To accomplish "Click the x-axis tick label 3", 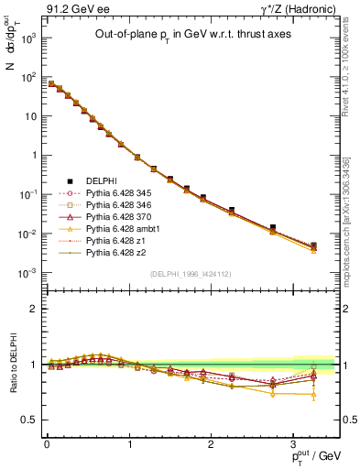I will tap(293, 443).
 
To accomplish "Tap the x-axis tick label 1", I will tap(129, 443).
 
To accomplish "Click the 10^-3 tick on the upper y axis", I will tap(29, 273).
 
